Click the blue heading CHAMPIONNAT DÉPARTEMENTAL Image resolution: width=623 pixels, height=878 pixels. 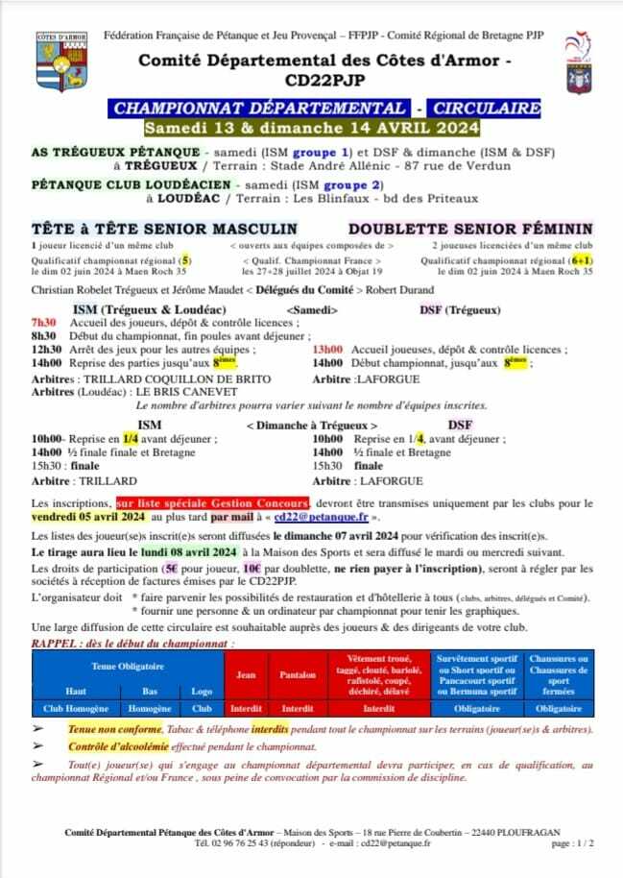coord(259,108)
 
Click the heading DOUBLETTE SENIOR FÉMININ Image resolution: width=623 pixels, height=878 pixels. coord(470,230)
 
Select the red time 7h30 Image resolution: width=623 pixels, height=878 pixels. coord(44,323)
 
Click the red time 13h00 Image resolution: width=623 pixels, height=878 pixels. coord(329,351)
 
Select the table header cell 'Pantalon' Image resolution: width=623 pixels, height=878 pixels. coord(298,674)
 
